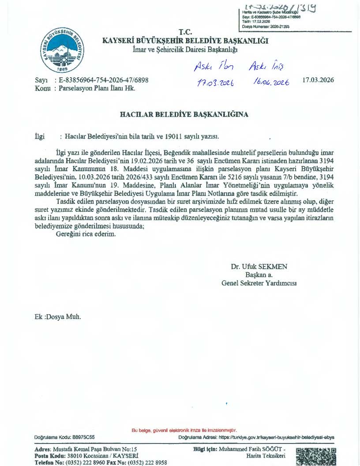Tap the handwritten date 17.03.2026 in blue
coord(215,83)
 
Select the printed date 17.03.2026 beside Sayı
coord(318,80)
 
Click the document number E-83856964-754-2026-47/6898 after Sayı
coord(103,80)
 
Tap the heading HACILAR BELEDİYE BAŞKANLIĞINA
coord(184,115)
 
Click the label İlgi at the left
coord(40,137)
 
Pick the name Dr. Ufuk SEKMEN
coord(259,267)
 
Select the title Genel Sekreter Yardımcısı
coord(259,283)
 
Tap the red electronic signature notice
coord(184,430)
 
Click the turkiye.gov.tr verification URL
coord(276,437)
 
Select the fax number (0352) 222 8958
coord(147,462)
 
